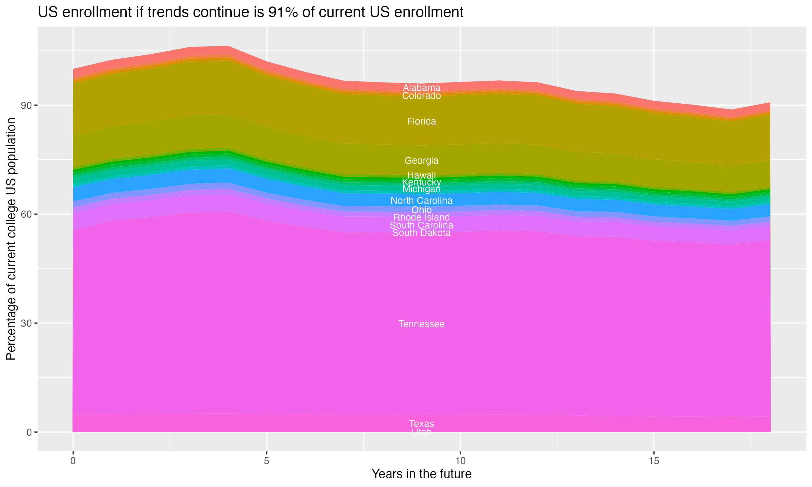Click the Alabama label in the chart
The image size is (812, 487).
[x=421, y=88]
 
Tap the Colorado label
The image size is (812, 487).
[x=421, y=96]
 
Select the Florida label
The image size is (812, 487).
[x=421, y=121]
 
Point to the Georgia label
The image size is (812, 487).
[x=421, y=160]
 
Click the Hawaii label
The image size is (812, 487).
[x=421, y=175]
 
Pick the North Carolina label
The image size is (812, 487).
[x=421, y=200]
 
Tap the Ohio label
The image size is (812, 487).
[x=421, y=210]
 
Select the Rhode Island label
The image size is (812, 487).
[x=421, y=217]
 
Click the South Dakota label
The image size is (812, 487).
[x=421, y=233]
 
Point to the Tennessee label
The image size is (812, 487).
[x=421, y=324]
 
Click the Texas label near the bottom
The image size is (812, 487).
[x=421, y=424]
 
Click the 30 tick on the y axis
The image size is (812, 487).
[x=26, y=323]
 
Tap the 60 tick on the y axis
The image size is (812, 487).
[x=26, y=214]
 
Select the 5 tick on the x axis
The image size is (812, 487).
[x=267, y=461]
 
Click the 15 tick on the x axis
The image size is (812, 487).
[x=654, y=461]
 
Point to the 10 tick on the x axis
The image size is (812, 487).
[x=460, y=461]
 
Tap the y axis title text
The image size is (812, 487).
[x=11, y=239]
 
